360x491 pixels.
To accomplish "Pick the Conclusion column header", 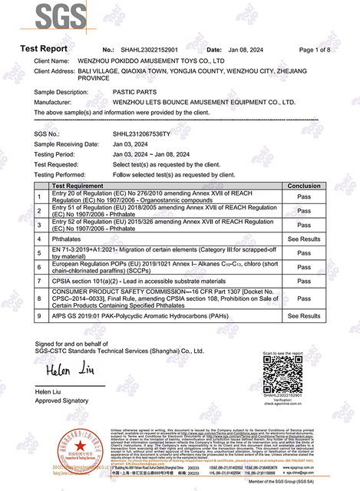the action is coord(303,186).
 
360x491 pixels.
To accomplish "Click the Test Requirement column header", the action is coord(84,186).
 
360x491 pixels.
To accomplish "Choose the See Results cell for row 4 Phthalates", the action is coord(303,239).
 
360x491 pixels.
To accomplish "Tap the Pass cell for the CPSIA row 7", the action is coord(303,281).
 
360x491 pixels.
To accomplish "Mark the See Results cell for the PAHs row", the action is coord(303,315).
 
